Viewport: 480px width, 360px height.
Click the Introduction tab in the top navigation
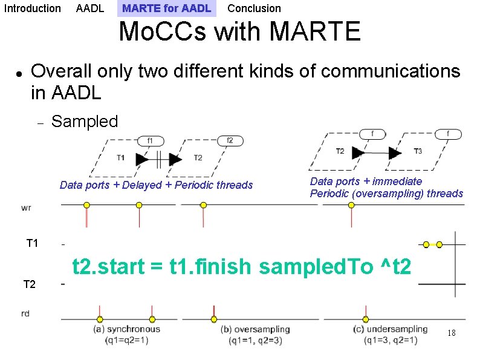[x=32, y=8]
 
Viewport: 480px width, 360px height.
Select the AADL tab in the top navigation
[x=90, y=8]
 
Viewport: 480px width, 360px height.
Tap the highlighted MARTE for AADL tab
[x=166, y=8]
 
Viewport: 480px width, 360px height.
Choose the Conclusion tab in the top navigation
[x=254, y=8]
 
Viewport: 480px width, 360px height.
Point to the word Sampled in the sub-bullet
[x=85, y=121]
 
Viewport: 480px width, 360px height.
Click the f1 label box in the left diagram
[x=151, y=140]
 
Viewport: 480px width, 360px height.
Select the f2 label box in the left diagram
[x=230, y=140]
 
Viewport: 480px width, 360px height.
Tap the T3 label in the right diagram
[x=418, y=151]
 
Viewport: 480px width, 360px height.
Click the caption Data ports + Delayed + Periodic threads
[x=156, y=185]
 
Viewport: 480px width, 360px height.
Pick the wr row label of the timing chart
[x=26, y=208]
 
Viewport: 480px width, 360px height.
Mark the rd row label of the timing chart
[x=25, y=313]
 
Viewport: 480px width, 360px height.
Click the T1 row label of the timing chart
[x=32, y=243]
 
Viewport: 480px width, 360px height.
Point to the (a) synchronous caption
[x=127, y=329]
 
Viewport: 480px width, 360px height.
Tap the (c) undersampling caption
[x=390, y=329]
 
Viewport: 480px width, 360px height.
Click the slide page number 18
[x=451, y=333]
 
